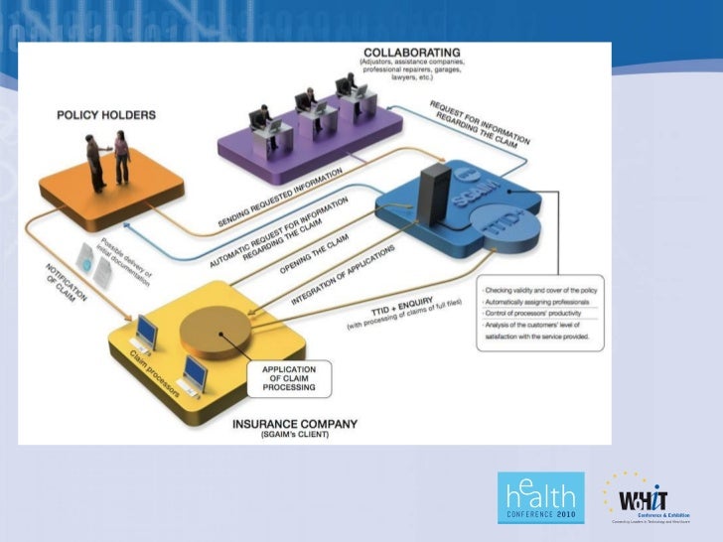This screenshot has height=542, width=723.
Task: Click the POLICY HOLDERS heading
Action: point(106,115)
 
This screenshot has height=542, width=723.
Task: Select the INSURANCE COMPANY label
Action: point(294,425)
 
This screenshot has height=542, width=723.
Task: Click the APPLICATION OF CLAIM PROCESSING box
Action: point(289,378)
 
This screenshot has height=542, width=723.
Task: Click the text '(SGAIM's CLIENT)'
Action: point(294,436)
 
